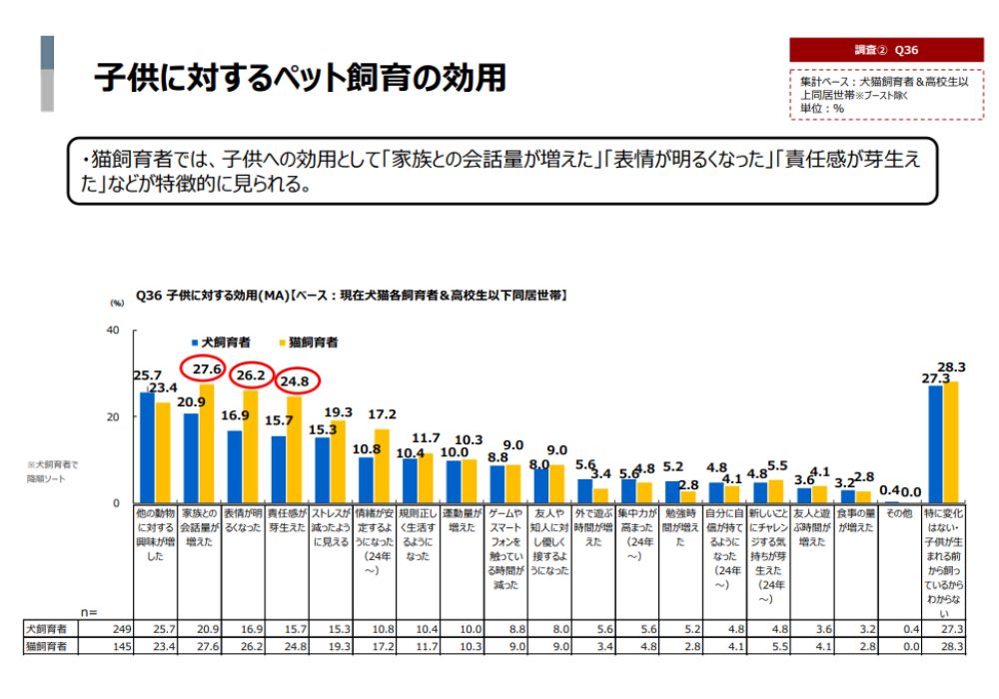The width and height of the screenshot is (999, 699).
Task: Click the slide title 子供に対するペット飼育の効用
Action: point(300,78)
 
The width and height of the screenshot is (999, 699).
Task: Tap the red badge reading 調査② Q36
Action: point(886,50)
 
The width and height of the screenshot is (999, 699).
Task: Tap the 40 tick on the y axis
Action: point(112,331)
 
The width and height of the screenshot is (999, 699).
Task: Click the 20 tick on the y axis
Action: point(112,416)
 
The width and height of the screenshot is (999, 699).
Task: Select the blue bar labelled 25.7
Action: point(147,447)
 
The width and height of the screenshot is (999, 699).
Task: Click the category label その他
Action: point(899,513)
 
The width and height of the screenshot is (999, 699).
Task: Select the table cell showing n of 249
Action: point(123,630)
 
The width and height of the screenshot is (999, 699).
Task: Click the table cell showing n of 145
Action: point(123,646)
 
